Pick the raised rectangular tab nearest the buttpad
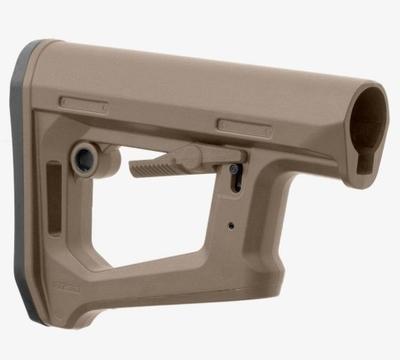pyautogui.click(x=83, y=103)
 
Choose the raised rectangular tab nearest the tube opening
pyautogui.click(x=243, y=127)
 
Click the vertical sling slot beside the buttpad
pyautogui.click(x=53, y=189)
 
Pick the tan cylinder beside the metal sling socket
pyautogui.click(x=108, y=160)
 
